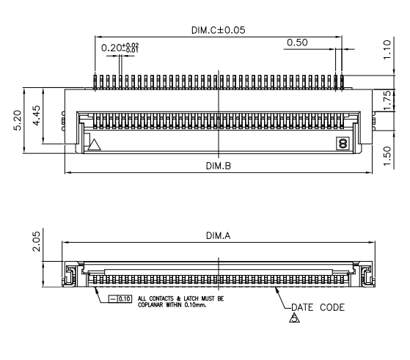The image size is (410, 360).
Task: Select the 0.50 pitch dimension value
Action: [297, 43]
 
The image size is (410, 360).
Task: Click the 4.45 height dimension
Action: [32, 117]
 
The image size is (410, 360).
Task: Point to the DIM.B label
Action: [218, 166]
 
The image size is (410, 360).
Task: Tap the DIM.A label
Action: [218, 235]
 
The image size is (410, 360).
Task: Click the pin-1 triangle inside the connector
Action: [92, 144]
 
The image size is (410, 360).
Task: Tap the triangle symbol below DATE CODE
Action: [296, 319]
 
